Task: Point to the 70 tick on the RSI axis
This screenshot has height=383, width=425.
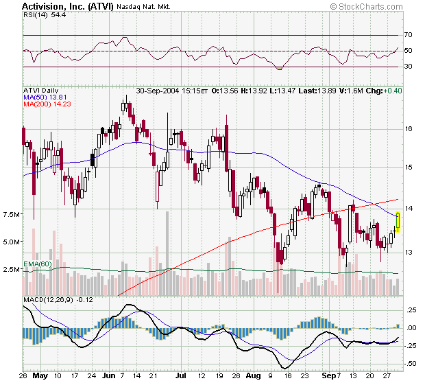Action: coord(409,35)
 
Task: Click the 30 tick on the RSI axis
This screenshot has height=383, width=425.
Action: coord(409,67)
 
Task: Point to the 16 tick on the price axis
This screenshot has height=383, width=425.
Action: coord(409,128)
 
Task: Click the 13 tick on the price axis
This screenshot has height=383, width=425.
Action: coord(409,253)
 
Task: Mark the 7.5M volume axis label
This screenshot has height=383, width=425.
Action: coord(12,215)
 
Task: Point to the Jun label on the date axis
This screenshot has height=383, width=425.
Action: coord(108,377)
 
